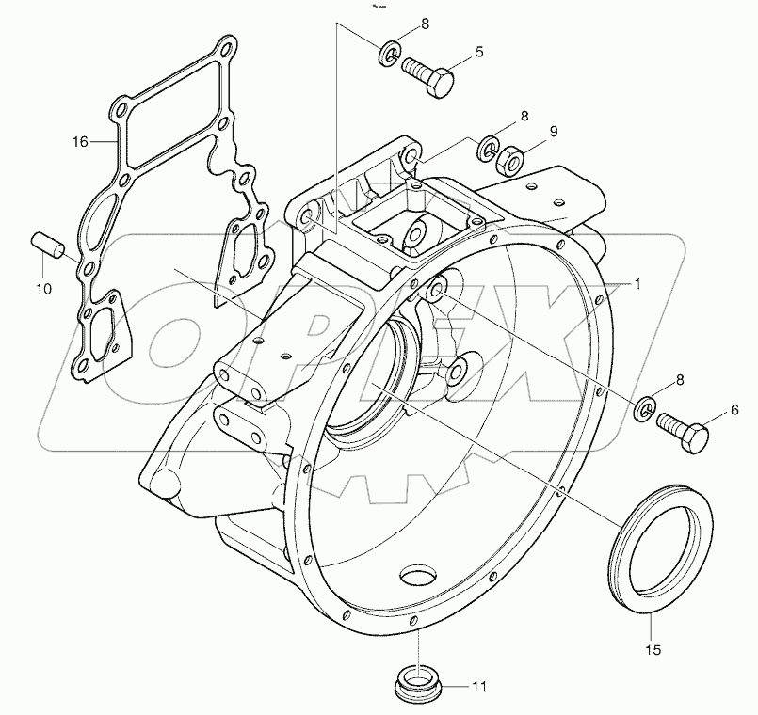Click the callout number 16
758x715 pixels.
coord(82,142)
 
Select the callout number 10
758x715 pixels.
coord(44,289)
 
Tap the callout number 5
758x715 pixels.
coord(478,52)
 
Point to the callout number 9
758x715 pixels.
coord(554,132)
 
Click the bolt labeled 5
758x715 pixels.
coord(429,75)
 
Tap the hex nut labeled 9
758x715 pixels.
coord(509,160)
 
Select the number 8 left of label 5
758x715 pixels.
coord(425,25)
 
